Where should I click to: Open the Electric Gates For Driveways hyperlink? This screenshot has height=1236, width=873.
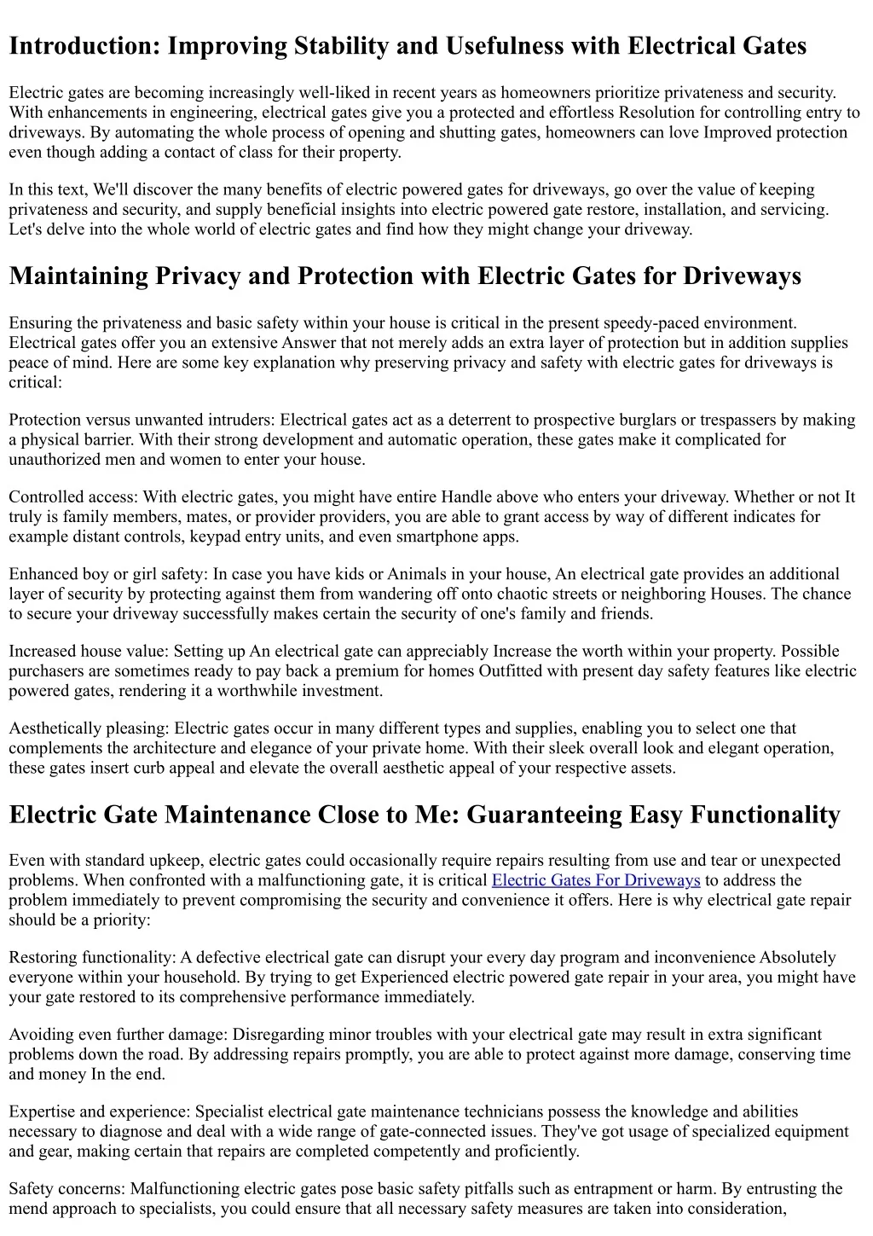tap(596, 880)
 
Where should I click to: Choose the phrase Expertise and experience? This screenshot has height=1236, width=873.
tap(98, 1111)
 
